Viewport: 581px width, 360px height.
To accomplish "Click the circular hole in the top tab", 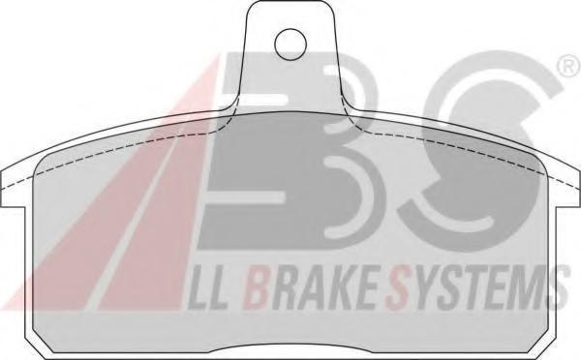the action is [x=290, y=45].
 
